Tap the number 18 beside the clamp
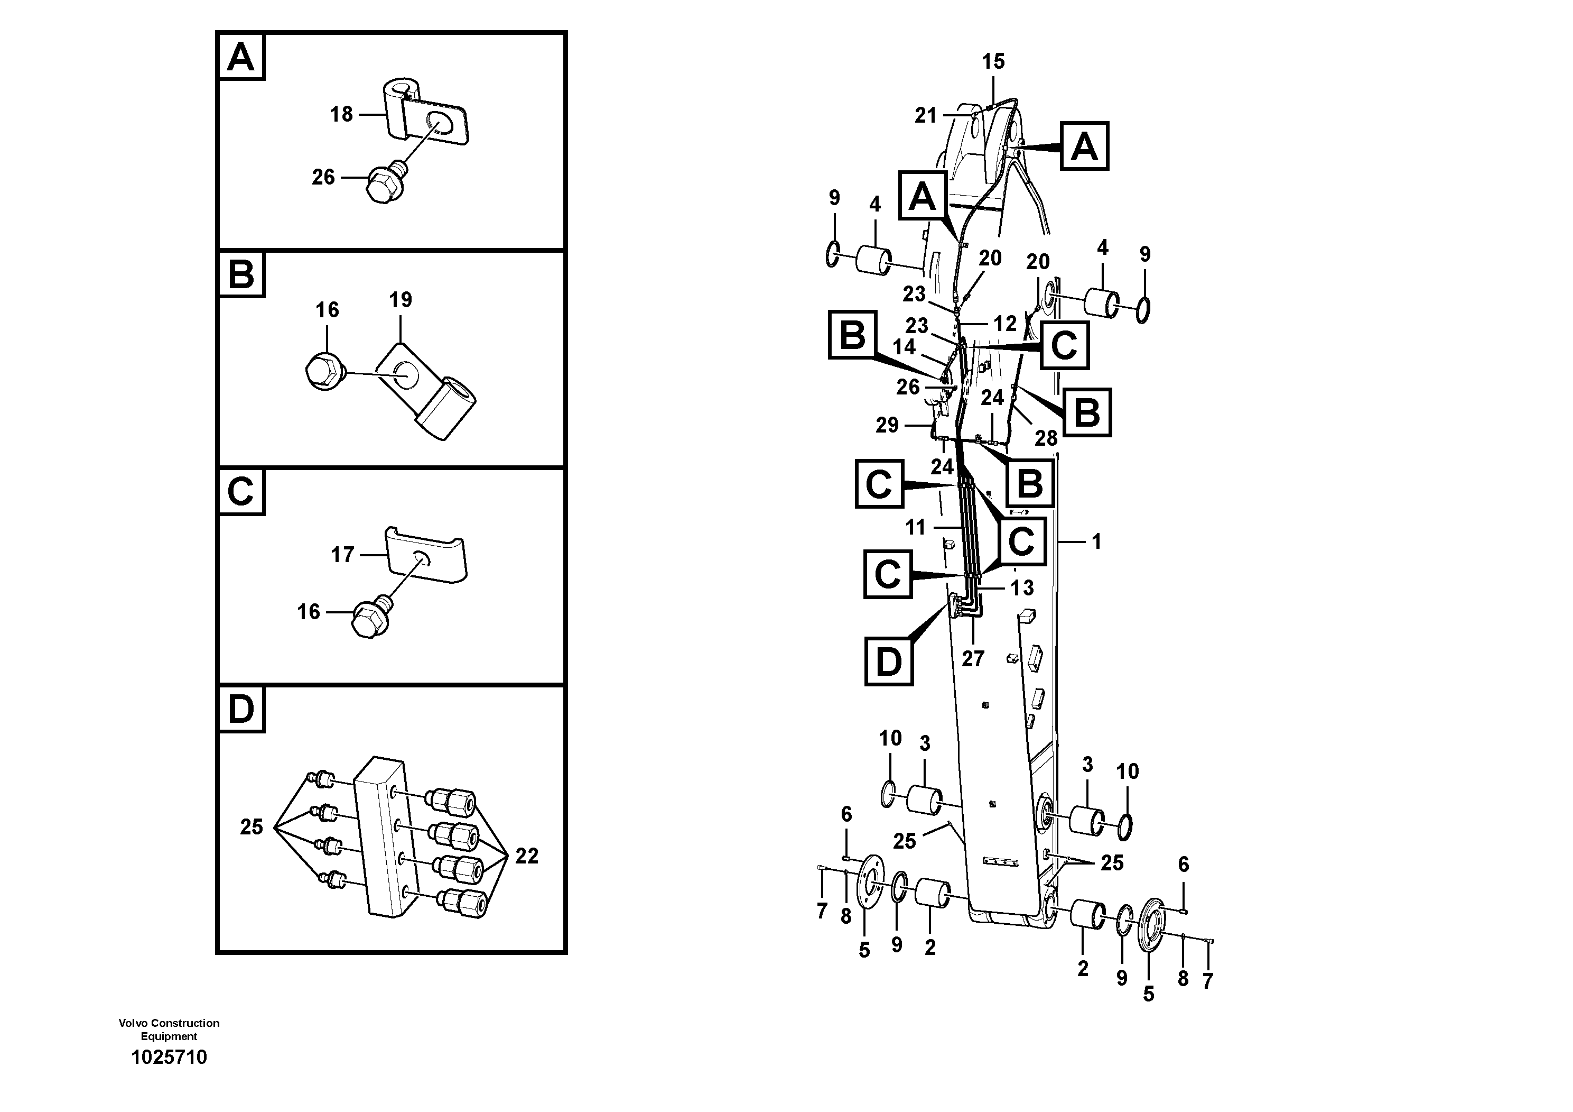click(341, 114)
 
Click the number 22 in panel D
click(526, 856)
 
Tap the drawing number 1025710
click(169, 1057)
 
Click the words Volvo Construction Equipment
click(169, 1029)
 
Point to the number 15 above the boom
click(993, 62)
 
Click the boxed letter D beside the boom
click(889, 661)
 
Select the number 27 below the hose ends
click(972, 659)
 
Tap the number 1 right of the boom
click(1096, 541)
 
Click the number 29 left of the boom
click(887, 425)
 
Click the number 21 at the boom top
click(926, 116)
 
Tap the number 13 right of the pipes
click(1022, 587)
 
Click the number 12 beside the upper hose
click(1005, 324)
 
